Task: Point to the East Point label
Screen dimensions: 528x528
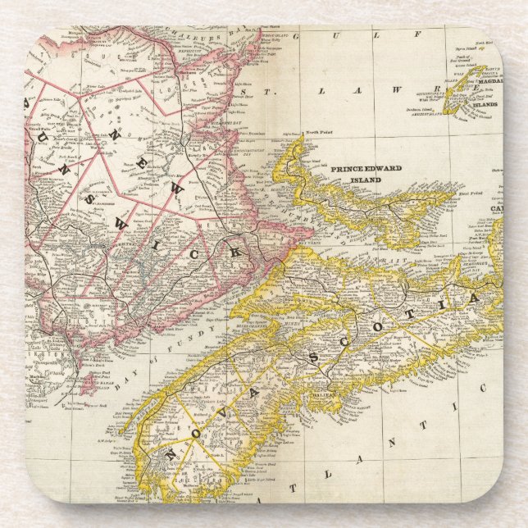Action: (x=469, y=193)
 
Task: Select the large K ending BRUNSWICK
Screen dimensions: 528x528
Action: (x=236, y=253)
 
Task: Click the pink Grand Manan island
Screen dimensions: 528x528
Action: (x=90, y=385)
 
